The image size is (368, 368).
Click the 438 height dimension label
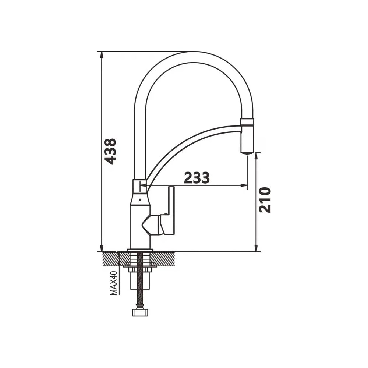110,151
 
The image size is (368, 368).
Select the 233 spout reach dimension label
197,178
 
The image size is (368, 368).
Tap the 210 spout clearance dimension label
265,200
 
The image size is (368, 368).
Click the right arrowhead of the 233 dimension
244,185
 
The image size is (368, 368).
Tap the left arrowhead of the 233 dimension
144,185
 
